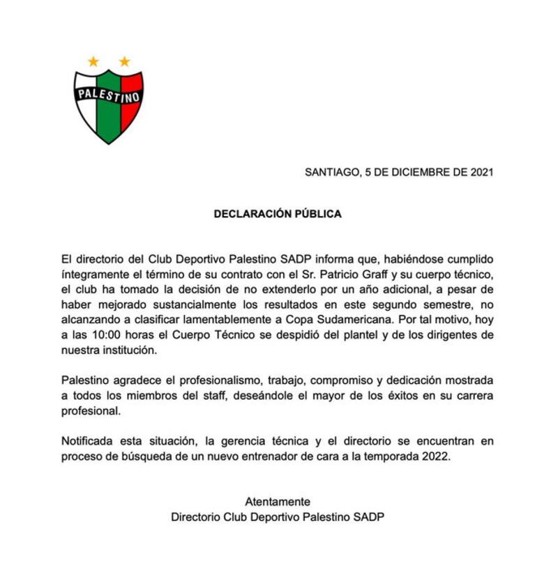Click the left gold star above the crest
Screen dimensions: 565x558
pyautogui.click(x=93, y=62)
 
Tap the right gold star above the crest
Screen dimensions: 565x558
pyautogui.click(x=124, y=62)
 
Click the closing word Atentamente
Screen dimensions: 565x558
pyautogui.click(x=278, y=502)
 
